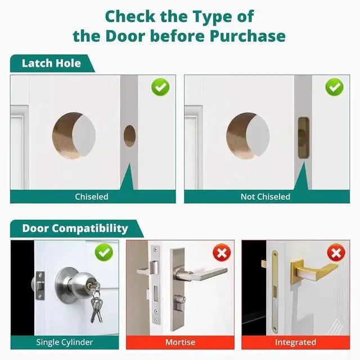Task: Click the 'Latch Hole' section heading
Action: point(51,64)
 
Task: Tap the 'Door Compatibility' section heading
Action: point(75,228)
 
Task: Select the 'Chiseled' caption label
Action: point(92,196)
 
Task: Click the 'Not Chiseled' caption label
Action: point(265,196)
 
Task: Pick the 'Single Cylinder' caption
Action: point(65,342)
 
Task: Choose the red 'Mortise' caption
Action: point(180,342)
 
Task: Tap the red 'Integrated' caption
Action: point(295,342)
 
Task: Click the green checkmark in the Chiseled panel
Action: point(160,87)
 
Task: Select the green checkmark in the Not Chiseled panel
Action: point(335,87)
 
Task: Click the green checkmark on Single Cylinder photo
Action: point(104,252)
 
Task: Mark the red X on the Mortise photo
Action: point(221,252)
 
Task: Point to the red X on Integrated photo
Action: point(336,252)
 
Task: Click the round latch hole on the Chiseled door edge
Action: point(129,136)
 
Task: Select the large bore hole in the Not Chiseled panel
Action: point(247,136)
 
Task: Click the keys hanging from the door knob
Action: point(96,307)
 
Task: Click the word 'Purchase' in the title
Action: point(247,36)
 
